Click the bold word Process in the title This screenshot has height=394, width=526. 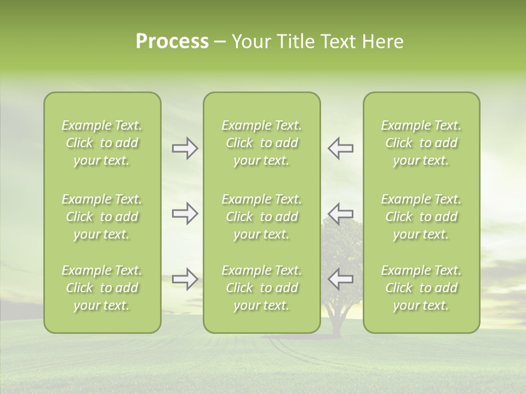(172, 42)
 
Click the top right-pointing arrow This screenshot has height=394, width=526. (185, 148)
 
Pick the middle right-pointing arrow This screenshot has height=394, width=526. (185, 213)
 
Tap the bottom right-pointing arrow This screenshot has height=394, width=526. (185, 279)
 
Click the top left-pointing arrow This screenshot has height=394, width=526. (340, 148)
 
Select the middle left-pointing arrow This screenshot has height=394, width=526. (340, 213)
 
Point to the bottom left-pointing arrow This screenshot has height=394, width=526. (340, 279)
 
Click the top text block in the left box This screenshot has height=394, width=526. (102, 143)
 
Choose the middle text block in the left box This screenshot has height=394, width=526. (102, 217)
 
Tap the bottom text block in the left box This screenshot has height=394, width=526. (102, 288)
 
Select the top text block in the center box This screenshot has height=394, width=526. (261, 143)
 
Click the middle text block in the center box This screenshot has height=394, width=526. (261, 217)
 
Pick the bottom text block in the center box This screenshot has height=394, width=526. (261, 288)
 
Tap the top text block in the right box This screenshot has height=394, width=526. (421, 143)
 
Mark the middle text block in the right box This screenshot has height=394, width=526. (421, 217)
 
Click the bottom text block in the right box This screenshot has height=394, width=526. (421, 288)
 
